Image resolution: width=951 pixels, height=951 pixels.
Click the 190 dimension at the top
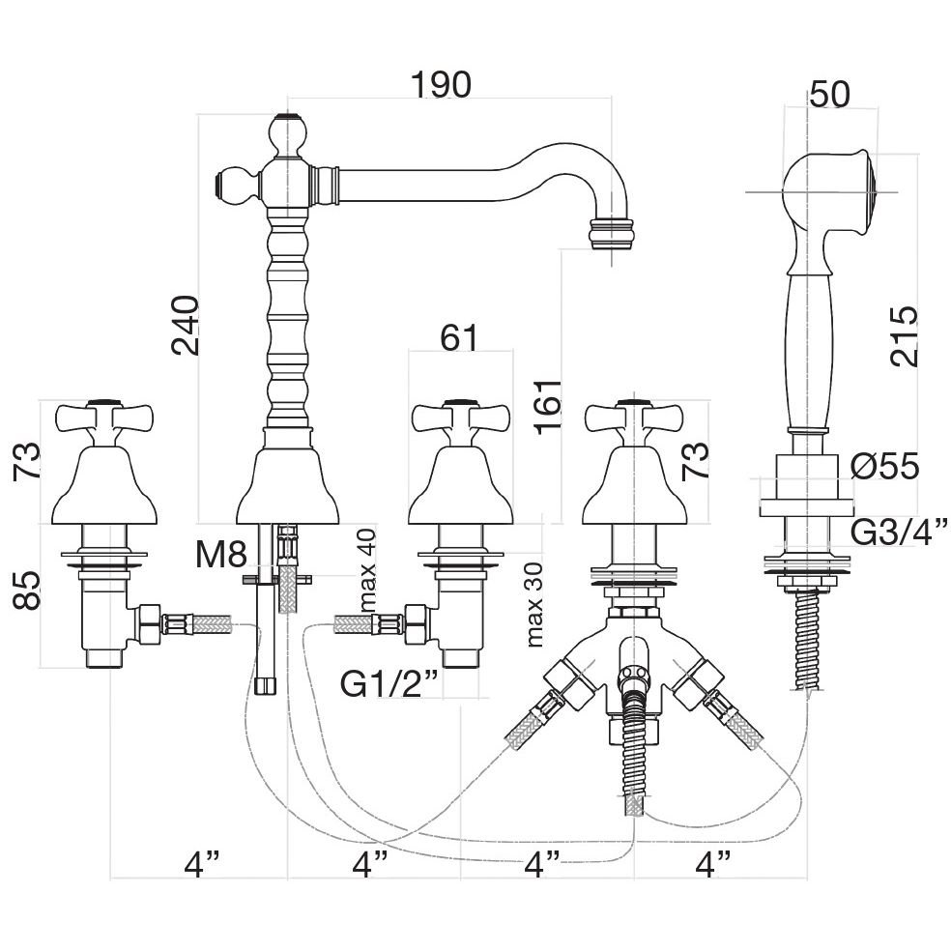[x=441, y=85]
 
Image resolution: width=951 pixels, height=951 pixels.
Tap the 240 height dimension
[x=185, y=326]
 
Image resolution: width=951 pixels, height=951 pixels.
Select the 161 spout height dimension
[x=546, y=410]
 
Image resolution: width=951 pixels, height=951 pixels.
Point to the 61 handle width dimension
[x=459, y=337]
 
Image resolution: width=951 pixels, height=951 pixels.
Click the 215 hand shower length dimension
[x=904, y=335]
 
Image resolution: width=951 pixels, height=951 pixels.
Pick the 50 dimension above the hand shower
[x=829, y=94]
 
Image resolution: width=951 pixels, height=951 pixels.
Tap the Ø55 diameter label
[x=884, y=468]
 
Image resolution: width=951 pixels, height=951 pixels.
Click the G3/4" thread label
[x=898, y=531]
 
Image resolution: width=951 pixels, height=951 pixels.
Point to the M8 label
[x=221, y=554]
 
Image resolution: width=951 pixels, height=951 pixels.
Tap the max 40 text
[x=366, y=571]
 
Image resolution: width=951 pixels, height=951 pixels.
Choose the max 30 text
[x=534, y=603]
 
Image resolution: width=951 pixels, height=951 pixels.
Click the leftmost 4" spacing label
[x=202, y=860]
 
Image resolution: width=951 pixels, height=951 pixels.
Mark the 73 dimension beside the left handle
[x=28, y=464]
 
